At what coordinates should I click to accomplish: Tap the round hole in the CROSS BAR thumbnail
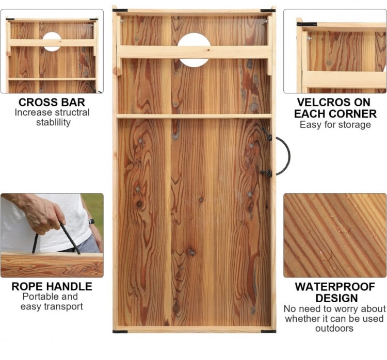click(52, 42)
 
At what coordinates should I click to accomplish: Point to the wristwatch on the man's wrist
click(91, 222)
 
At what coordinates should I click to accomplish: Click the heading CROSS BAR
click(52, 102)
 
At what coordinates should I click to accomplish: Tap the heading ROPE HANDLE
click(52, 286)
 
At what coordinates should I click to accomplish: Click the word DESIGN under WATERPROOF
click(336, 298)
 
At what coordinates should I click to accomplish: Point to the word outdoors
click(334, 329)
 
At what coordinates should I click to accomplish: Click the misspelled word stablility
click(53, 122)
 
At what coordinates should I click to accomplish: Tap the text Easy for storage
click(335, 125)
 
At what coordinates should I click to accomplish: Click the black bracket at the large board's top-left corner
click(120, 10)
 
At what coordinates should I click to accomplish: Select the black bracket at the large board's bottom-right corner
click(268, 332)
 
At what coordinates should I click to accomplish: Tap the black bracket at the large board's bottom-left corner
click(120, 332)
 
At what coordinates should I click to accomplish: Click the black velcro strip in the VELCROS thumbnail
click(307, 24)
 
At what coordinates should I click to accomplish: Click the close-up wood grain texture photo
click(335, 235)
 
